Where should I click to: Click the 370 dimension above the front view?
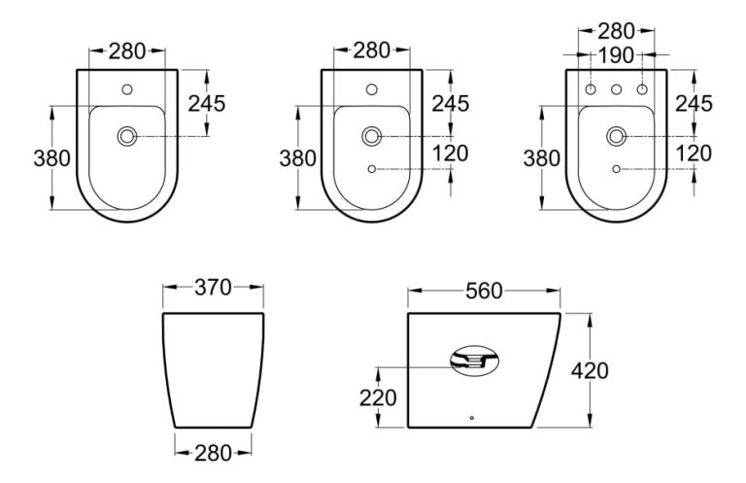(213, 288)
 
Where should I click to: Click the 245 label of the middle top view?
(451, 103)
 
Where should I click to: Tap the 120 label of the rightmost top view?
(694, 153)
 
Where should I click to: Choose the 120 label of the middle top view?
(451, 153)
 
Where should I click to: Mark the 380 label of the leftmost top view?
(51, 157)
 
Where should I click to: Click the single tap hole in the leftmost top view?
(127, 90)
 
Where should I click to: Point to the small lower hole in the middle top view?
(372, 170)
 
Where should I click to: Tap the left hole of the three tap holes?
(591, 90)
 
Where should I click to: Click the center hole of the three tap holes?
(616, 90)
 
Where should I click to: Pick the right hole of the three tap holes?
(641, 90)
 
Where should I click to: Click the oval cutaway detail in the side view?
(475, 363)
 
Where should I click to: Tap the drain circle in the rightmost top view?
(616, 137)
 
